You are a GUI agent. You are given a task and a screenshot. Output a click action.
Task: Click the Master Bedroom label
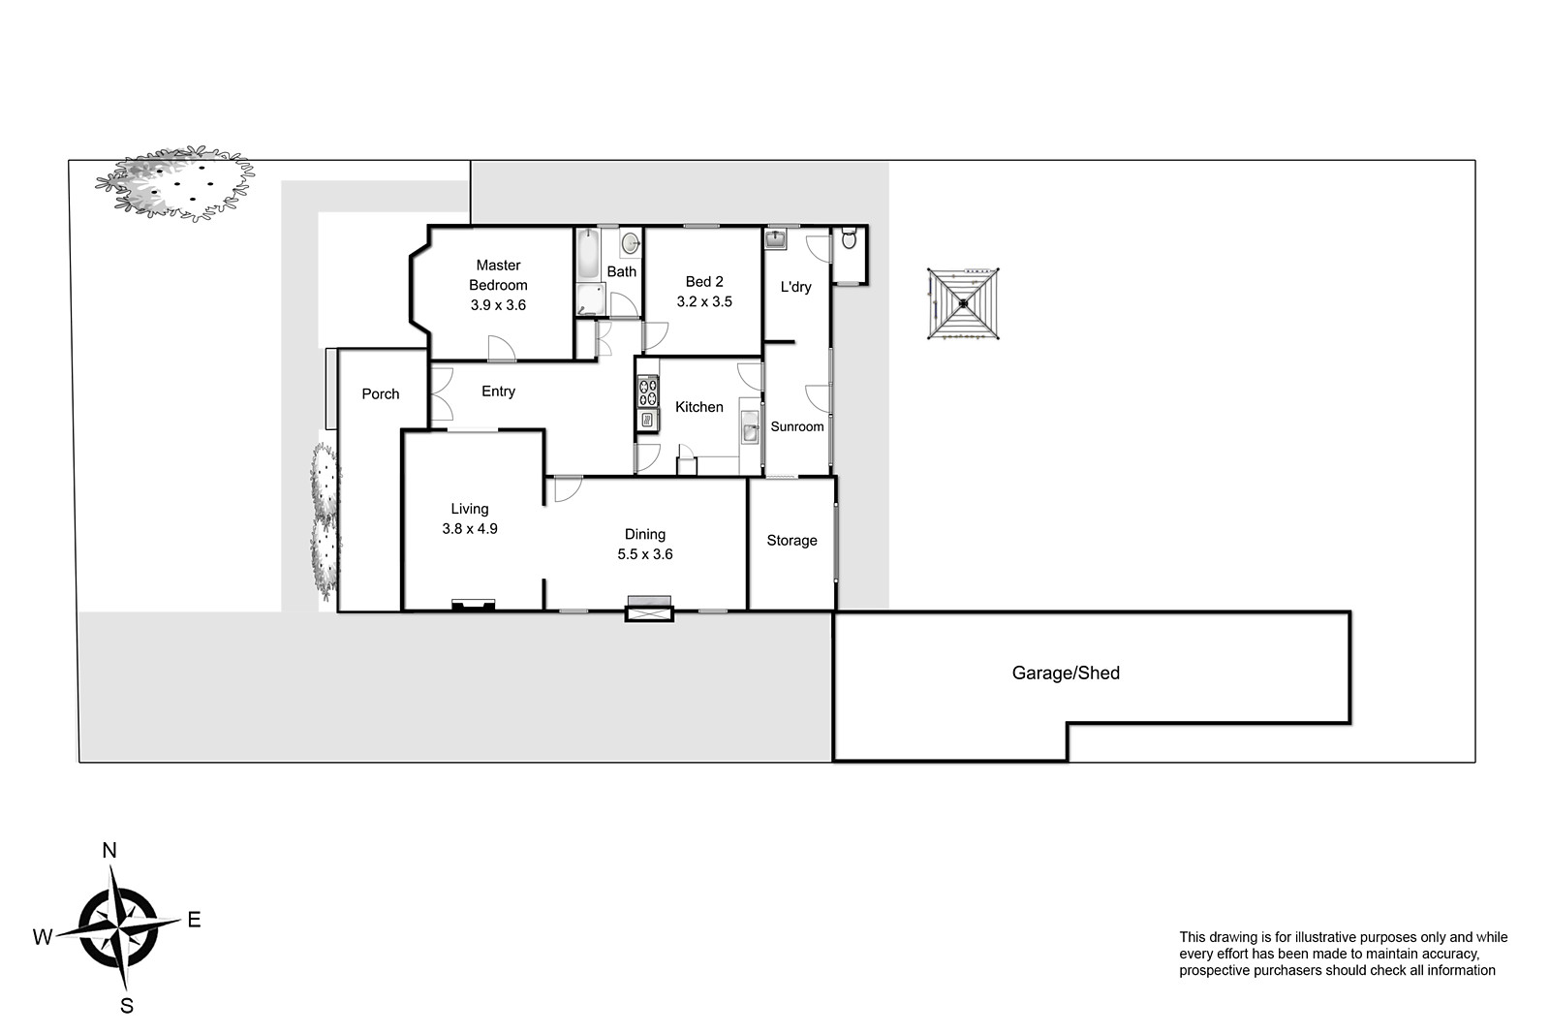coord(498,275)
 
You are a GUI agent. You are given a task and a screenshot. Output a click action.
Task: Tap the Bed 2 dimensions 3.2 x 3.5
coord(704,301)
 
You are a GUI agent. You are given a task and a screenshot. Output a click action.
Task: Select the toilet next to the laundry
coord(849,238)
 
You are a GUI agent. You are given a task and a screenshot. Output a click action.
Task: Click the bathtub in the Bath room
coord(587,254)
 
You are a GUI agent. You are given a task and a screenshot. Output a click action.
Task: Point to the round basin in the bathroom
coord(631,243)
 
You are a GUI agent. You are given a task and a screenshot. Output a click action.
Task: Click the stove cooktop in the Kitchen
coord(648,392)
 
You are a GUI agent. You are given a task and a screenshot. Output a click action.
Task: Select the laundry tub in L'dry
coord(775,239)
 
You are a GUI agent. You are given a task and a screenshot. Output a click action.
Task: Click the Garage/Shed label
coord(1066,673)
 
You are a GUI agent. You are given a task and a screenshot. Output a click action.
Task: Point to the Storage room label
coord(791,541)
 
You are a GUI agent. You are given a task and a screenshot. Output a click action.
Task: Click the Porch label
coord(381,393)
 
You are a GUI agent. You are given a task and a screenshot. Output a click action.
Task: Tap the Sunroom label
coord(797,427)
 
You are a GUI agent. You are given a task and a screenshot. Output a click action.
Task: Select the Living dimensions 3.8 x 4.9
coord(470,529)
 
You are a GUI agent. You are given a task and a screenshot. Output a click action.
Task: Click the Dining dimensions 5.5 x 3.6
coord(645,554)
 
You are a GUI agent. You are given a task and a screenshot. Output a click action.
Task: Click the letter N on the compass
coord(109,851)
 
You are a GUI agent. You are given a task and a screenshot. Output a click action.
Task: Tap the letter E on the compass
coord(195,920)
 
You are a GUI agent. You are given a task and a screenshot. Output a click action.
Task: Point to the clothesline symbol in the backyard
coord(963,304)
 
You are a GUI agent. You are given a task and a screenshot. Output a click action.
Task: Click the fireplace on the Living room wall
coord(474,605)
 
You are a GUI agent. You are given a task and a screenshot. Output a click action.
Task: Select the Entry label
coord(498,392)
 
